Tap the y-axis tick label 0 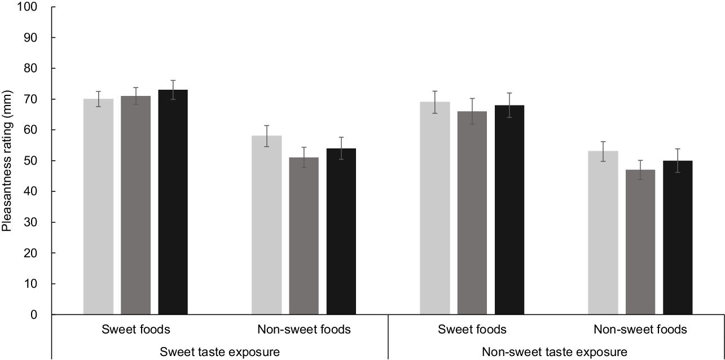point(34,314)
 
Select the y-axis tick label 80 point(30,68)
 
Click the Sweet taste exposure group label point(220,352)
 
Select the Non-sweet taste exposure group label point(555,352)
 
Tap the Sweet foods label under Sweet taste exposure point(135,329)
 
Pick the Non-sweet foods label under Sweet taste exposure point(304,329)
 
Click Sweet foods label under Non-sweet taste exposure point(472,329)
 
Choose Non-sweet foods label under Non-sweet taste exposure point(640,329)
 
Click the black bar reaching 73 point(173,202)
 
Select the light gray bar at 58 point(267,225)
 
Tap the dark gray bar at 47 point(640,242)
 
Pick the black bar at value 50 point(678,238)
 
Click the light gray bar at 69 point(434,208)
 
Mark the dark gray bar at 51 point(304,236)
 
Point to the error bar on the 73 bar point(173,90)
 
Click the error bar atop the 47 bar point(640,170)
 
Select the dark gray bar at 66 point(472,213)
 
